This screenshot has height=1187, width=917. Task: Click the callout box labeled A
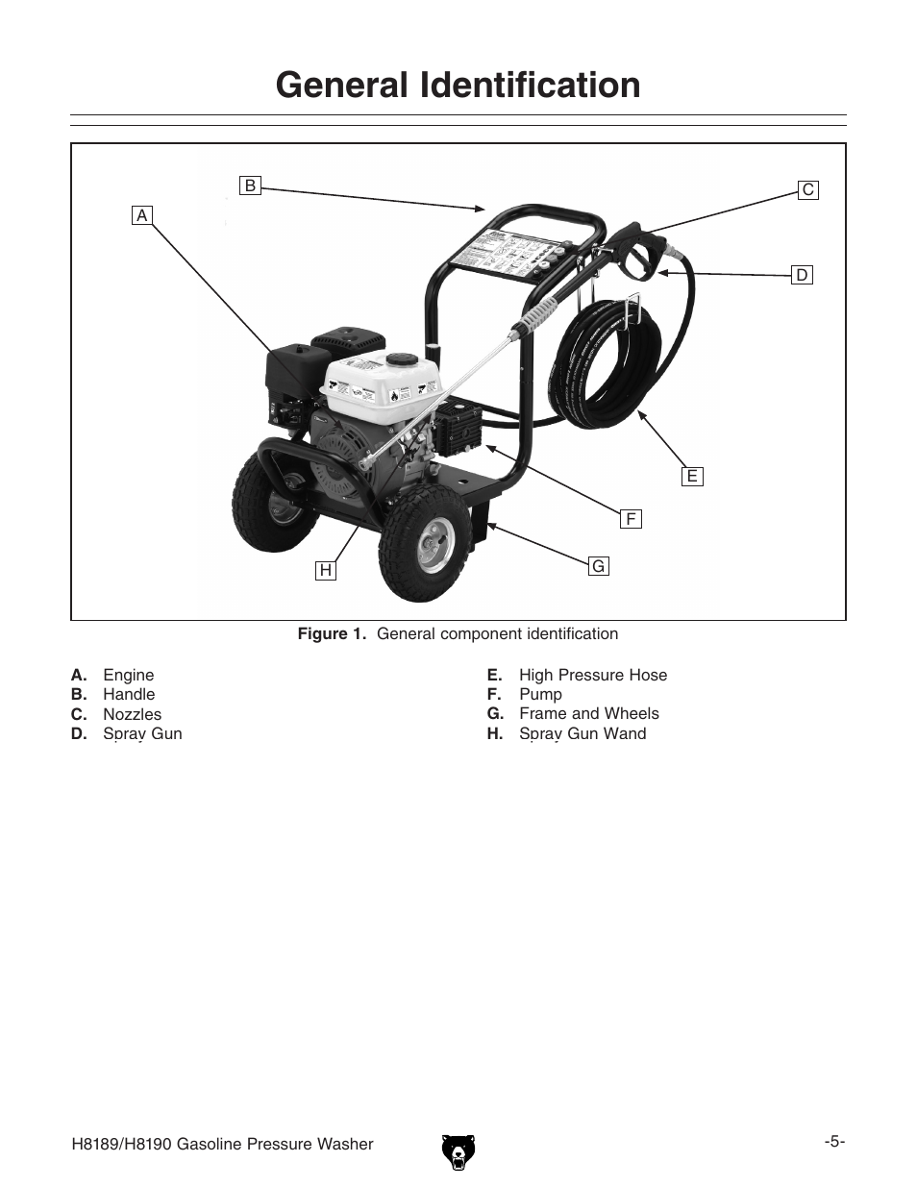[142, 215]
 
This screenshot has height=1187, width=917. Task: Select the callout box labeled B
[250, 185]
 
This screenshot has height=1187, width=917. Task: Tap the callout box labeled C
[808, 190]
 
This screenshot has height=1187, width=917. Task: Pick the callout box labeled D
[802, 276]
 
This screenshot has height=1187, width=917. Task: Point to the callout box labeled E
[691, 476]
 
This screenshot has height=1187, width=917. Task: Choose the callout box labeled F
[631, 519]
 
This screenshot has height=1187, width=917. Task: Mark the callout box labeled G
[598, 566]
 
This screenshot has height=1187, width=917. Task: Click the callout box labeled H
[326, 571]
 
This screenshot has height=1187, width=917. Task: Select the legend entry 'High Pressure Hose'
[592, 675]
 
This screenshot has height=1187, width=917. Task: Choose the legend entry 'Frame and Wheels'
[588, 713]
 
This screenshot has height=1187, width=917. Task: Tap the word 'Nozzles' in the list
[133, 714]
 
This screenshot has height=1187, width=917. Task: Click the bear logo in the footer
[458, 1150]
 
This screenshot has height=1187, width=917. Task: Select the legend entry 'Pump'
[540, 694]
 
